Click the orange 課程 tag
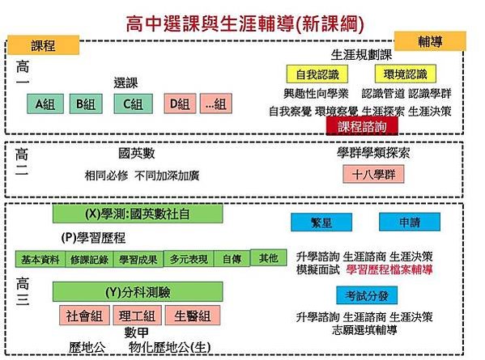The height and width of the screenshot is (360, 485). pos(43,45)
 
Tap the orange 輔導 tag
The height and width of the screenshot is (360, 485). pos(430,40)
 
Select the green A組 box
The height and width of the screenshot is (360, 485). pos(45,104)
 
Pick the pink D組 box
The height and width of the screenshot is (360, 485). pos(180,104)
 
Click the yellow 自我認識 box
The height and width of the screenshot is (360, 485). pos(317,74)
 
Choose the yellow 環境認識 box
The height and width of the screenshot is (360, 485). pos(405,74)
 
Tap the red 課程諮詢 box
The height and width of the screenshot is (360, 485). pos(362,126)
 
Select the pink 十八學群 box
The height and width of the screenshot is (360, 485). pos(373,174)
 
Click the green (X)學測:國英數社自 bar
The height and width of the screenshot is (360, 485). pos(138,214)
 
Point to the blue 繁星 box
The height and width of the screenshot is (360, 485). pos(321,222)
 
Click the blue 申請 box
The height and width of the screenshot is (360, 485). pos(410,222)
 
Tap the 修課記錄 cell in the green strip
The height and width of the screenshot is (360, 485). pos(89,259)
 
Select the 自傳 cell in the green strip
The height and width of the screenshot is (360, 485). pos(232,259)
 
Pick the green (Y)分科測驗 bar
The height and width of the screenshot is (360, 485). pos(138,292)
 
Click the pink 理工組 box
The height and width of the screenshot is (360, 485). pos(137,316)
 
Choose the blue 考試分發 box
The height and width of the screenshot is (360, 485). pos(367,296)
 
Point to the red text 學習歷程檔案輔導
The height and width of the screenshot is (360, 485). pos(389,269)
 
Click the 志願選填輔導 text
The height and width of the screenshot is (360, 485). pos(364,330)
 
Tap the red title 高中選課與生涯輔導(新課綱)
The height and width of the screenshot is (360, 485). pos(245,23)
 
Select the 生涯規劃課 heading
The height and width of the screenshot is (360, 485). pos(361,55)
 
